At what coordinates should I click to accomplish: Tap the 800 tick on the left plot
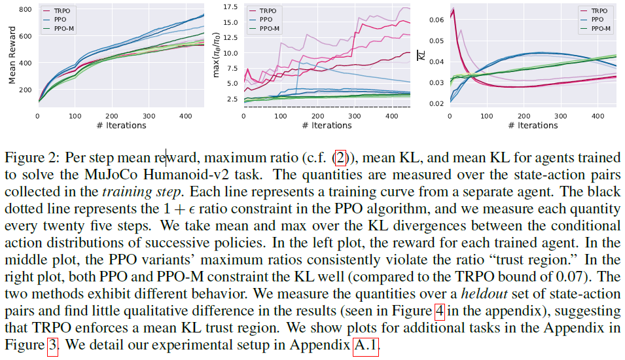[26, 9]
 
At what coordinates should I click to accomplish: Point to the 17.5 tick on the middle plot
[228, 7]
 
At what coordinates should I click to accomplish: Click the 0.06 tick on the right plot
[435, 20]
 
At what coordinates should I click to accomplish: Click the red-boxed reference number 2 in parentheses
[340, 158]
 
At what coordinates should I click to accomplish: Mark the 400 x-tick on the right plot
[597, 115]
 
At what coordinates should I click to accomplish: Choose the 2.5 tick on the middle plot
[231, 99]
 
